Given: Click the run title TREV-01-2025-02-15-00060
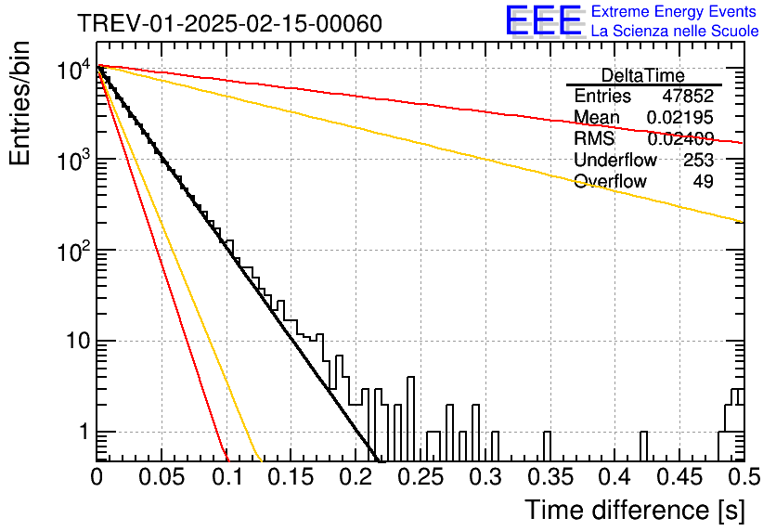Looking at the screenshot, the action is pyautogui.click(x=230, y=23).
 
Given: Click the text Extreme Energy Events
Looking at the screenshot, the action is pyautogui.click(x=674, y=11).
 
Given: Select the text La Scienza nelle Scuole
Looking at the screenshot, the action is pyautogui.click(x=675, y=31).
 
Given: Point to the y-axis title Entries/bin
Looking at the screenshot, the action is pyautogui.click(x=19, y=103).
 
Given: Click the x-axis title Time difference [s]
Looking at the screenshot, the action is pyautogui.click(x=635, y=510).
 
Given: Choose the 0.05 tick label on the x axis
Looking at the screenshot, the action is pyautogui.click(x=162, y=477).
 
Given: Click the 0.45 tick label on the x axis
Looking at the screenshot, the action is pyautogui.click(x=679, y=477).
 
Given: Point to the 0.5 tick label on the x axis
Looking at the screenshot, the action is pyautogui.click(x=744, y=477).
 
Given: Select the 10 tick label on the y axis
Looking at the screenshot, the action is pyautogui.click(x=78, y=341).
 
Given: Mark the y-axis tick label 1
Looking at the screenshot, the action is pyautogui.click(x=84, y=432).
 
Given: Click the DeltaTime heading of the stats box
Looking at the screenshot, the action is pyautogui.click(x=643, y=76).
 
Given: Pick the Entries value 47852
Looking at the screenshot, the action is pyautogui.click(x=688, y=96).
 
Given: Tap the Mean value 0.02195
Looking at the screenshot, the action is pyautogui.click(x=680, y=117).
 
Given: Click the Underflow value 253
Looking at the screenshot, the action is pyautogui.click(x=698, y=160).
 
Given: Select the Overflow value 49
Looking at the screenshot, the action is pyautogui.click(x=704, y=181).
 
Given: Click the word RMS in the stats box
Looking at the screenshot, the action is pyautogui.click(x=594, y=138).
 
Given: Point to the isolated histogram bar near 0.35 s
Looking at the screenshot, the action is pyautogui.click(x=547, y=447).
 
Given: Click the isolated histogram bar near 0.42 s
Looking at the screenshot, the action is pyautogui.click(x=644, y=447).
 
